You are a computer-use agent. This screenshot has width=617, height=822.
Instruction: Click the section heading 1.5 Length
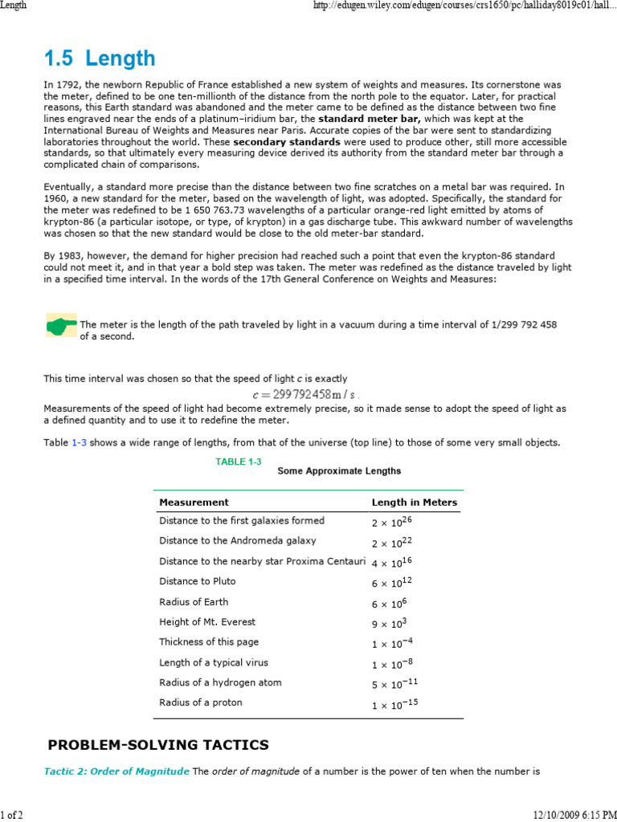point(100,59)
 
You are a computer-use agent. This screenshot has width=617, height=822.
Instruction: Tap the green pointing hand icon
point(61,325)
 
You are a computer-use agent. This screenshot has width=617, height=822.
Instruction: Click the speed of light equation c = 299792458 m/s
point(305,394)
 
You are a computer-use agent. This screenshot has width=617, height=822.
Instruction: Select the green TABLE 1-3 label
point(239,462)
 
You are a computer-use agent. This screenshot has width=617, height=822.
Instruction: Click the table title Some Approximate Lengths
point(339,470)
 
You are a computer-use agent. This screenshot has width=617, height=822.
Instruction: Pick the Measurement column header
point(194,503)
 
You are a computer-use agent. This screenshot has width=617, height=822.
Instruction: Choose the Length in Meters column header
point(414,503)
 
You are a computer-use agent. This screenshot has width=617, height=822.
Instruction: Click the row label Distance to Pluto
point(198,581)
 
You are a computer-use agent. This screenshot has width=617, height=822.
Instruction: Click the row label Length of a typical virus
point(214,662)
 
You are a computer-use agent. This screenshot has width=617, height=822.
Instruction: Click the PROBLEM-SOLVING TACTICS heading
point(158,745)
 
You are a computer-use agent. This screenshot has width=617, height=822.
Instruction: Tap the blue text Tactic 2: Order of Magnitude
point(116,771)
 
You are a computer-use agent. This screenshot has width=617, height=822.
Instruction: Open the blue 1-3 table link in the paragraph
point(80,442)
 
